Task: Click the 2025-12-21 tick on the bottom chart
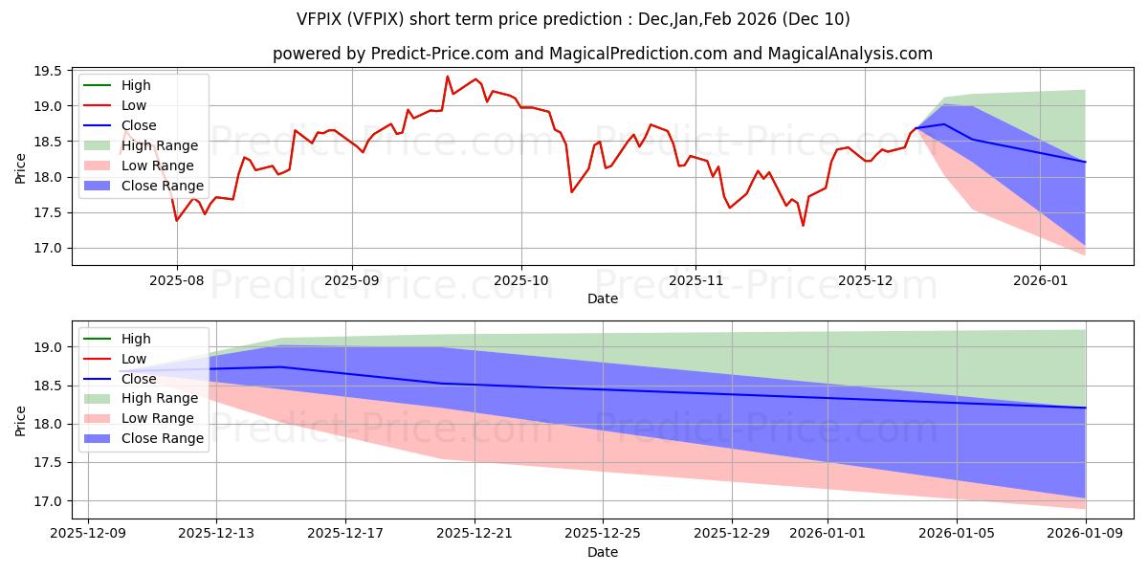[475, 532]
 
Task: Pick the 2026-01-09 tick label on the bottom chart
[1086, 532]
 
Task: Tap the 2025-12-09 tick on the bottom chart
[88, 532]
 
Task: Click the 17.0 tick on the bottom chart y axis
[50, 501]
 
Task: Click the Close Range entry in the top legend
[162, 186]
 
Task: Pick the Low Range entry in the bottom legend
[158, 418]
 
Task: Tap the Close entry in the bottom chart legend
[140, 379]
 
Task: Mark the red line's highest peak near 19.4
[447, 77]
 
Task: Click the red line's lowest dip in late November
[803, 226]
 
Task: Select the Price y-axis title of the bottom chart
[21, 420]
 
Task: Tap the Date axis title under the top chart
[603, 298]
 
